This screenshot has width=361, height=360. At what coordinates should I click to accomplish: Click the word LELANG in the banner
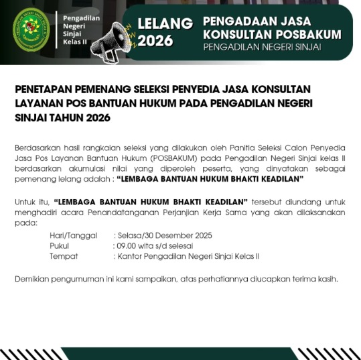(x=165, y=23)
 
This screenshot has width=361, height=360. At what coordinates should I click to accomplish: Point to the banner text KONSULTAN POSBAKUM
(x=271, y=34)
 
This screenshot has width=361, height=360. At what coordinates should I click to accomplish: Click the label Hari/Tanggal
(x=72, y=236)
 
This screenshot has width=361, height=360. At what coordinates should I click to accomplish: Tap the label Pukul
(x=60, y=246)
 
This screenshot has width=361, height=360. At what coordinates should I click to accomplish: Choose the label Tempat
(x=64, y=256)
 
